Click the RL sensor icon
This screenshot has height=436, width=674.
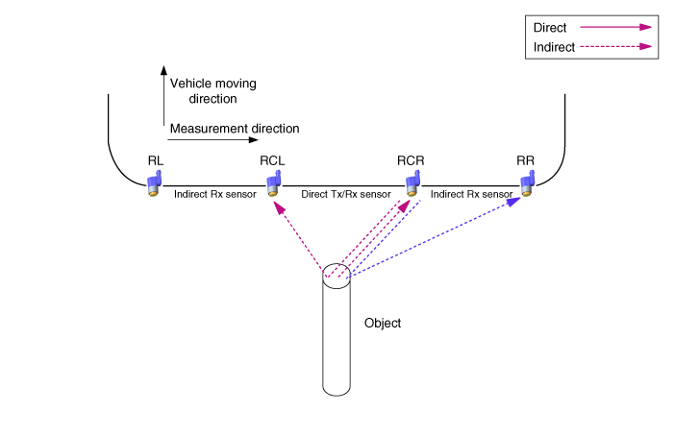click(154, 183)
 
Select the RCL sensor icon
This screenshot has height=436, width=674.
click(274, 183)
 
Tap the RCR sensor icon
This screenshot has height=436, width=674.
click(412, 183)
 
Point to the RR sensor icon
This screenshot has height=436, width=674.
click(528, 183)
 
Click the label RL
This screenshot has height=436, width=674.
click(156, 160)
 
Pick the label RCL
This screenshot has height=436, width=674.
click(272, 160)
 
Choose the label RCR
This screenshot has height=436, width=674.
click(411, 160)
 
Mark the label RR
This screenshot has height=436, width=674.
click(525, 160)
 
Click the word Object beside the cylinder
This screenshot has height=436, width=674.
click(383, 323)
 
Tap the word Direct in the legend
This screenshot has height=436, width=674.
click(550, 28)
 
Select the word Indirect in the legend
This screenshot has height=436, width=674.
click(554, 47)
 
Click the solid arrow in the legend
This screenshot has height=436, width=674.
click(616, 27)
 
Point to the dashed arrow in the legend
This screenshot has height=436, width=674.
click(616, 46)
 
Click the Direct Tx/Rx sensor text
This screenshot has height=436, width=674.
click(346, 194)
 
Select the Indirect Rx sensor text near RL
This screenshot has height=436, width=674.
click(215, 194)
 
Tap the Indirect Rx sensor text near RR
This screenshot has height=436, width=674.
click(471, 194)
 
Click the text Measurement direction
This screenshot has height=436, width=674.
click(235, 129)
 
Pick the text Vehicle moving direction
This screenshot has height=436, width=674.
click(213, 91)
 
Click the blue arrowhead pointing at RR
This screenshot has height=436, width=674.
click(514, 202)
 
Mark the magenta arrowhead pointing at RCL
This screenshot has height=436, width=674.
click(279, 208)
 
